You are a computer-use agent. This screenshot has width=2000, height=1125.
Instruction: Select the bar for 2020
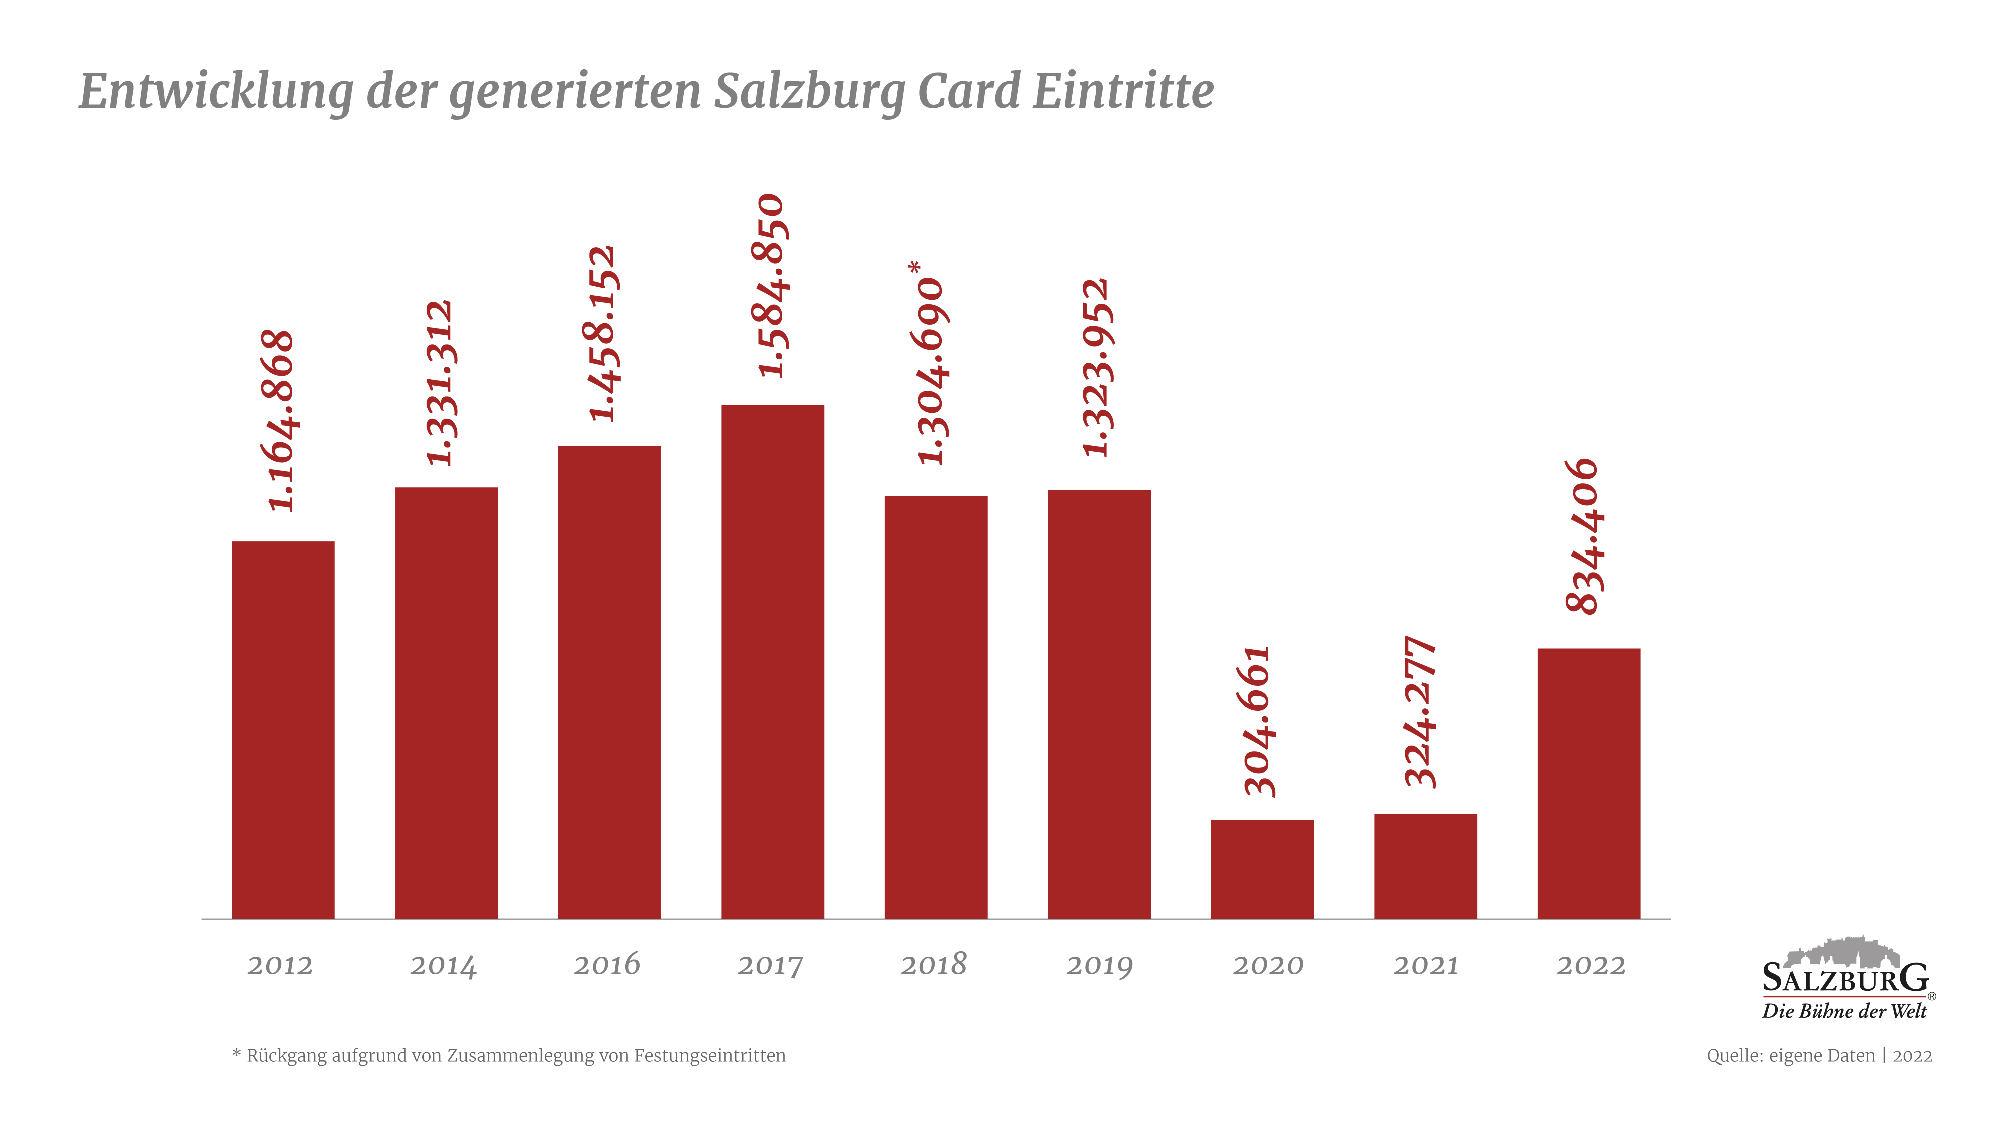pos(1262,869)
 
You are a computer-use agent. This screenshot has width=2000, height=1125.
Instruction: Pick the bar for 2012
pos(282,730)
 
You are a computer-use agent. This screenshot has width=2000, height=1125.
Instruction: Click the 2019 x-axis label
pos(1099,965)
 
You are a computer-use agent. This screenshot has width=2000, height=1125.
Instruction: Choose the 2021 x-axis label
pos(1425,965)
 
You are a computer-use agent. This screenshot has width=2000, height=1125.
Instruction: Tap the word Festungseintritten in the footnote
pos(710,1056)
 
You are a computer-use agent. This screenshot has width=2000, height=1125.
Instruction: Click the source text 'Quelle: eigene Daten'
pos(1790,1056)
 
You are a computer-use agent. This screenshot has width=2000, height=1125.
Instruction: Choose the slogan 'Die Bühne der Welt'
pos(1844,1011)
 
